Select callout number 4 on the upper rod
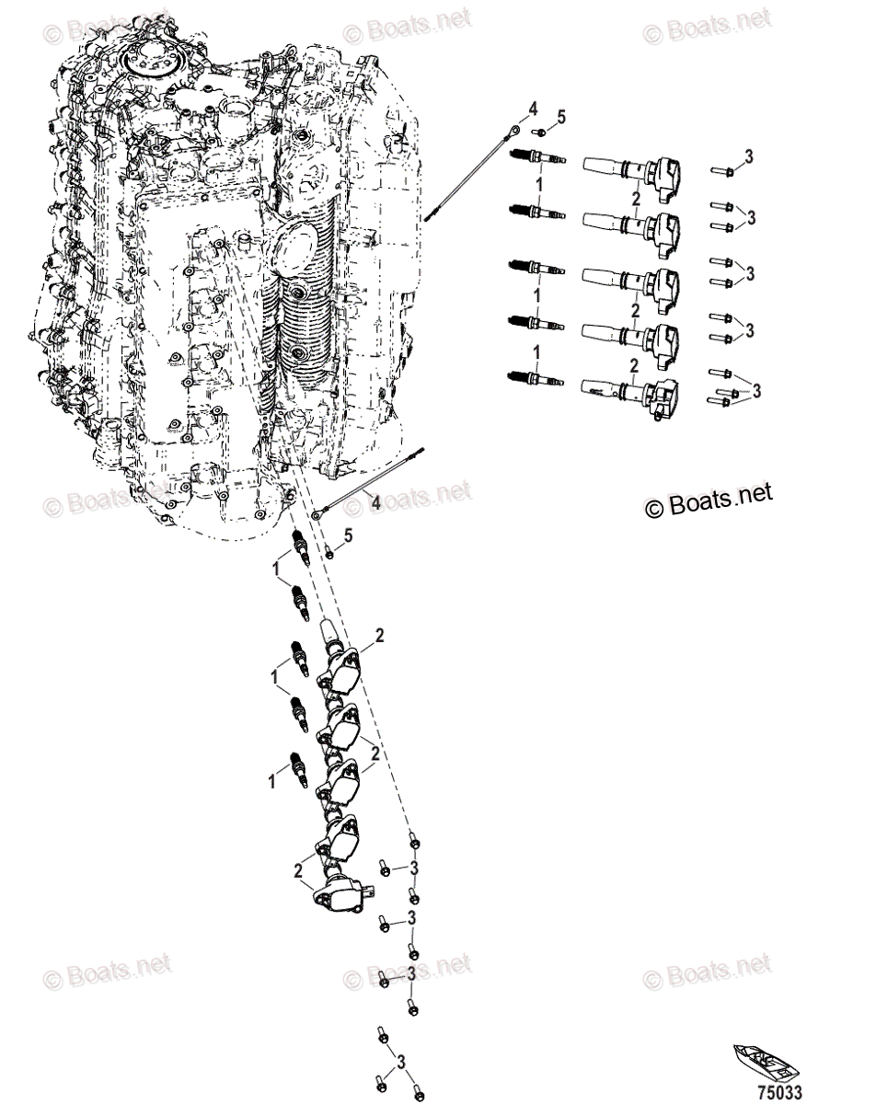pos(532,111)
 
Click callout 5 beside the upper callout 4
pos(562,117)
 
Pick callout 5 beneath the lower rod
pos(348,536)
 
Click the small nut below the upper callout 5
pos(544,133)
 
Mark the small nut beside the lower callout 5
pos(330,552)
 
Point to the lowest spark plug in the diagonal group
pos(296,767)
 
